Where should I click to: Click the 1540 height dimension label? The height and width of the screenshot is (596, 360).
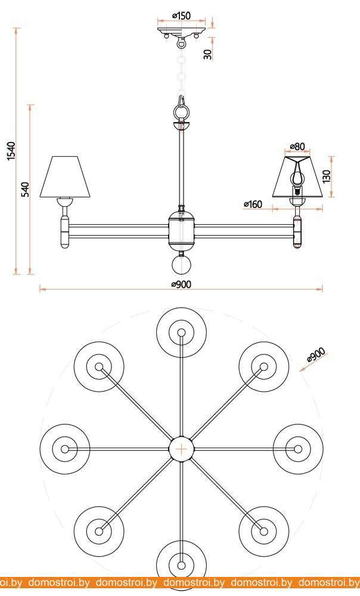pos(11,151)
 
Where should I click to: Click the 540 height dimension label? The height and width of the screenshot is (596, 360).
pos(25,190)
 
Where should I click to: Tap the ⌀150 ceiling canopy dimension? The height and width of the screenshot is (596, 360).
pos(181,16)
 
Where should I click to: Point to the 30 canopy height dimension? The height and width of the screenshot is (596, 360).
pos(207,54)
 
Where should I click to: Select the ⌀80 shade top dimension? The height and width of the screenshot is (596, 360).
pos(297,147)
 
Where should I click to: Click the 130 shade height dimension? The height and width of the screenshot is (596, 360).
pos(327,176)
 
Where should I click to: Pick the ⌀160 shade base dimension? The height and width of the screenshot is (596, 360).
pos(253,204)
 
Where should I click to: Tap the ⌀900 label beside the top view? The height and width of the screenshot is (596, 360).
pos(315,355)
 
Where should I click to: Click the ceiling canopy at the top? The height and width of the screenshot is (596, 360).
pos(181,30)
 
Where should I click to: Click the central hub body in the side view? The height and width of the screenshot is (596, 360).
pos(182,229)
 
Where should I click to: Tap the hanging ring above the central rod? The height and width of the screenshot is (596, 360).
pos(182,110)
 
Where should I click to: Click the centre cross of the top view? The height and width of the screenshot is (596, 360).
pos(181,448)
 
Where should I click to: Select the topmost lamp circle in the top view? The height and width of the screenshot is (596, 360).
pos(181,333)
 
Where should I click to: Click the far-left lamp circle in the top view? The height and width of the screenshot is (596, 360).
pos(64,448)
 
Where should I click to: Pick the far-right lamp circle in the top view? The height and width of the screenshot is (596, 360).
pos(298,448)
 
